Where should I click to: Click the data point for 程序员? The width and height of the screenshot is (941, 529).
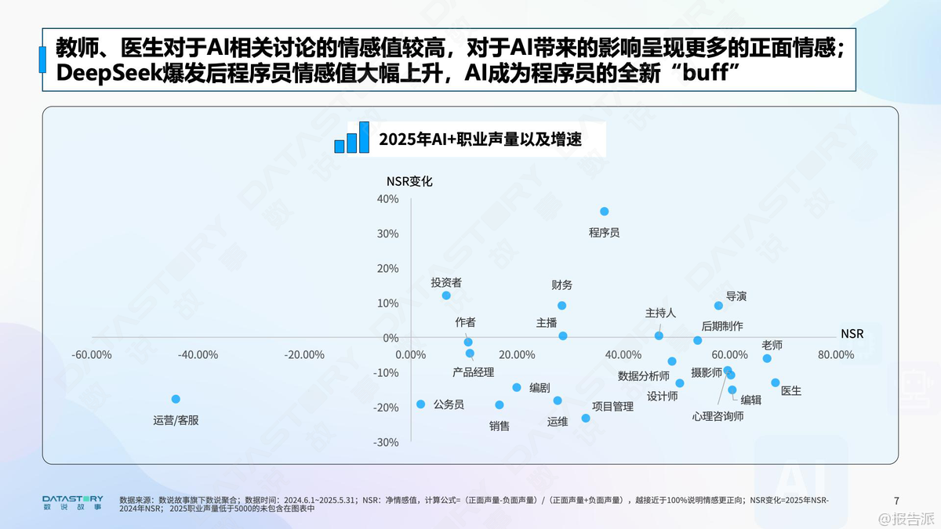coord(605,212)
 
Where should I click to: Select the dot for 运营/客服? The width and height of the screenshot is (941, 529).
coord(176,399)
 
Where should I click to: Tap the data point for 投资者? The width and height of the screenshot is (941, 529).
coord(446,295)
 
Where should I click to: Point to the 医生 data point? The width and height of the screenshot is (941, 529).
coord(776,382)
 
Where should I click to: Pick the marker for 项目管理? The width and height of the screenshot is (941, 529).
coord(586,418)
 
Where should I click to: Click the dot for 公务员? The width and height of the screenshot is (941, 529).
coord(420,404)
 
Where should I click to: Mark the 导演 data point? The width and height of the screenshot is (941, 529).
coord(718,306)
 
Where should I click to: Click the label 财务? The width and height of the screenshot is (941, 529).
coord(562,284)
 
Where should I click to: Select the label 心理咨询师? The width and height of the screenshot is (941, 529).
coord(718,416)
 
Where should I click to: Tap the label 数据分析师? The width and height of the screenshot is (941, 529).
coord(643,375)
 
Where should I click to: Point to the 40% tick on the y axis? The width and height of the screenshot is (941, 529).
coord(387,199)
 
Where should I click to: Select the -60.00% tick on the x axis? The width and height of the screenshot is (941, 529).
coord(92,354)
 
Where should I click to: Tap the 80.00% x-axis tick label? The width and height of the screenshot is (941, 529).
coord(836,354)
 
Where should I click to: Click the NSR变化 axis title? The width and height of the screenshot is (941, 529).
coord(409,181)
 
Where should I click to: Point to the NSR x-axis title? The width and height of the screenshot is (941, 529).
coord(852,333)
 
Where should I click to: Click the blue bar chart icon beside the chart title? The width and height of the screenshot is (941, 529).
coord(352,138)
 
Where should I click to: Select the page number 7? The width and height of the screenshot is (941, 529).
coord(896,500)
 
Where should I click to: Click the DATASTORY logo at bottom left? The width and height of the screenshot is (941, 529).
coord(72,502)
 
